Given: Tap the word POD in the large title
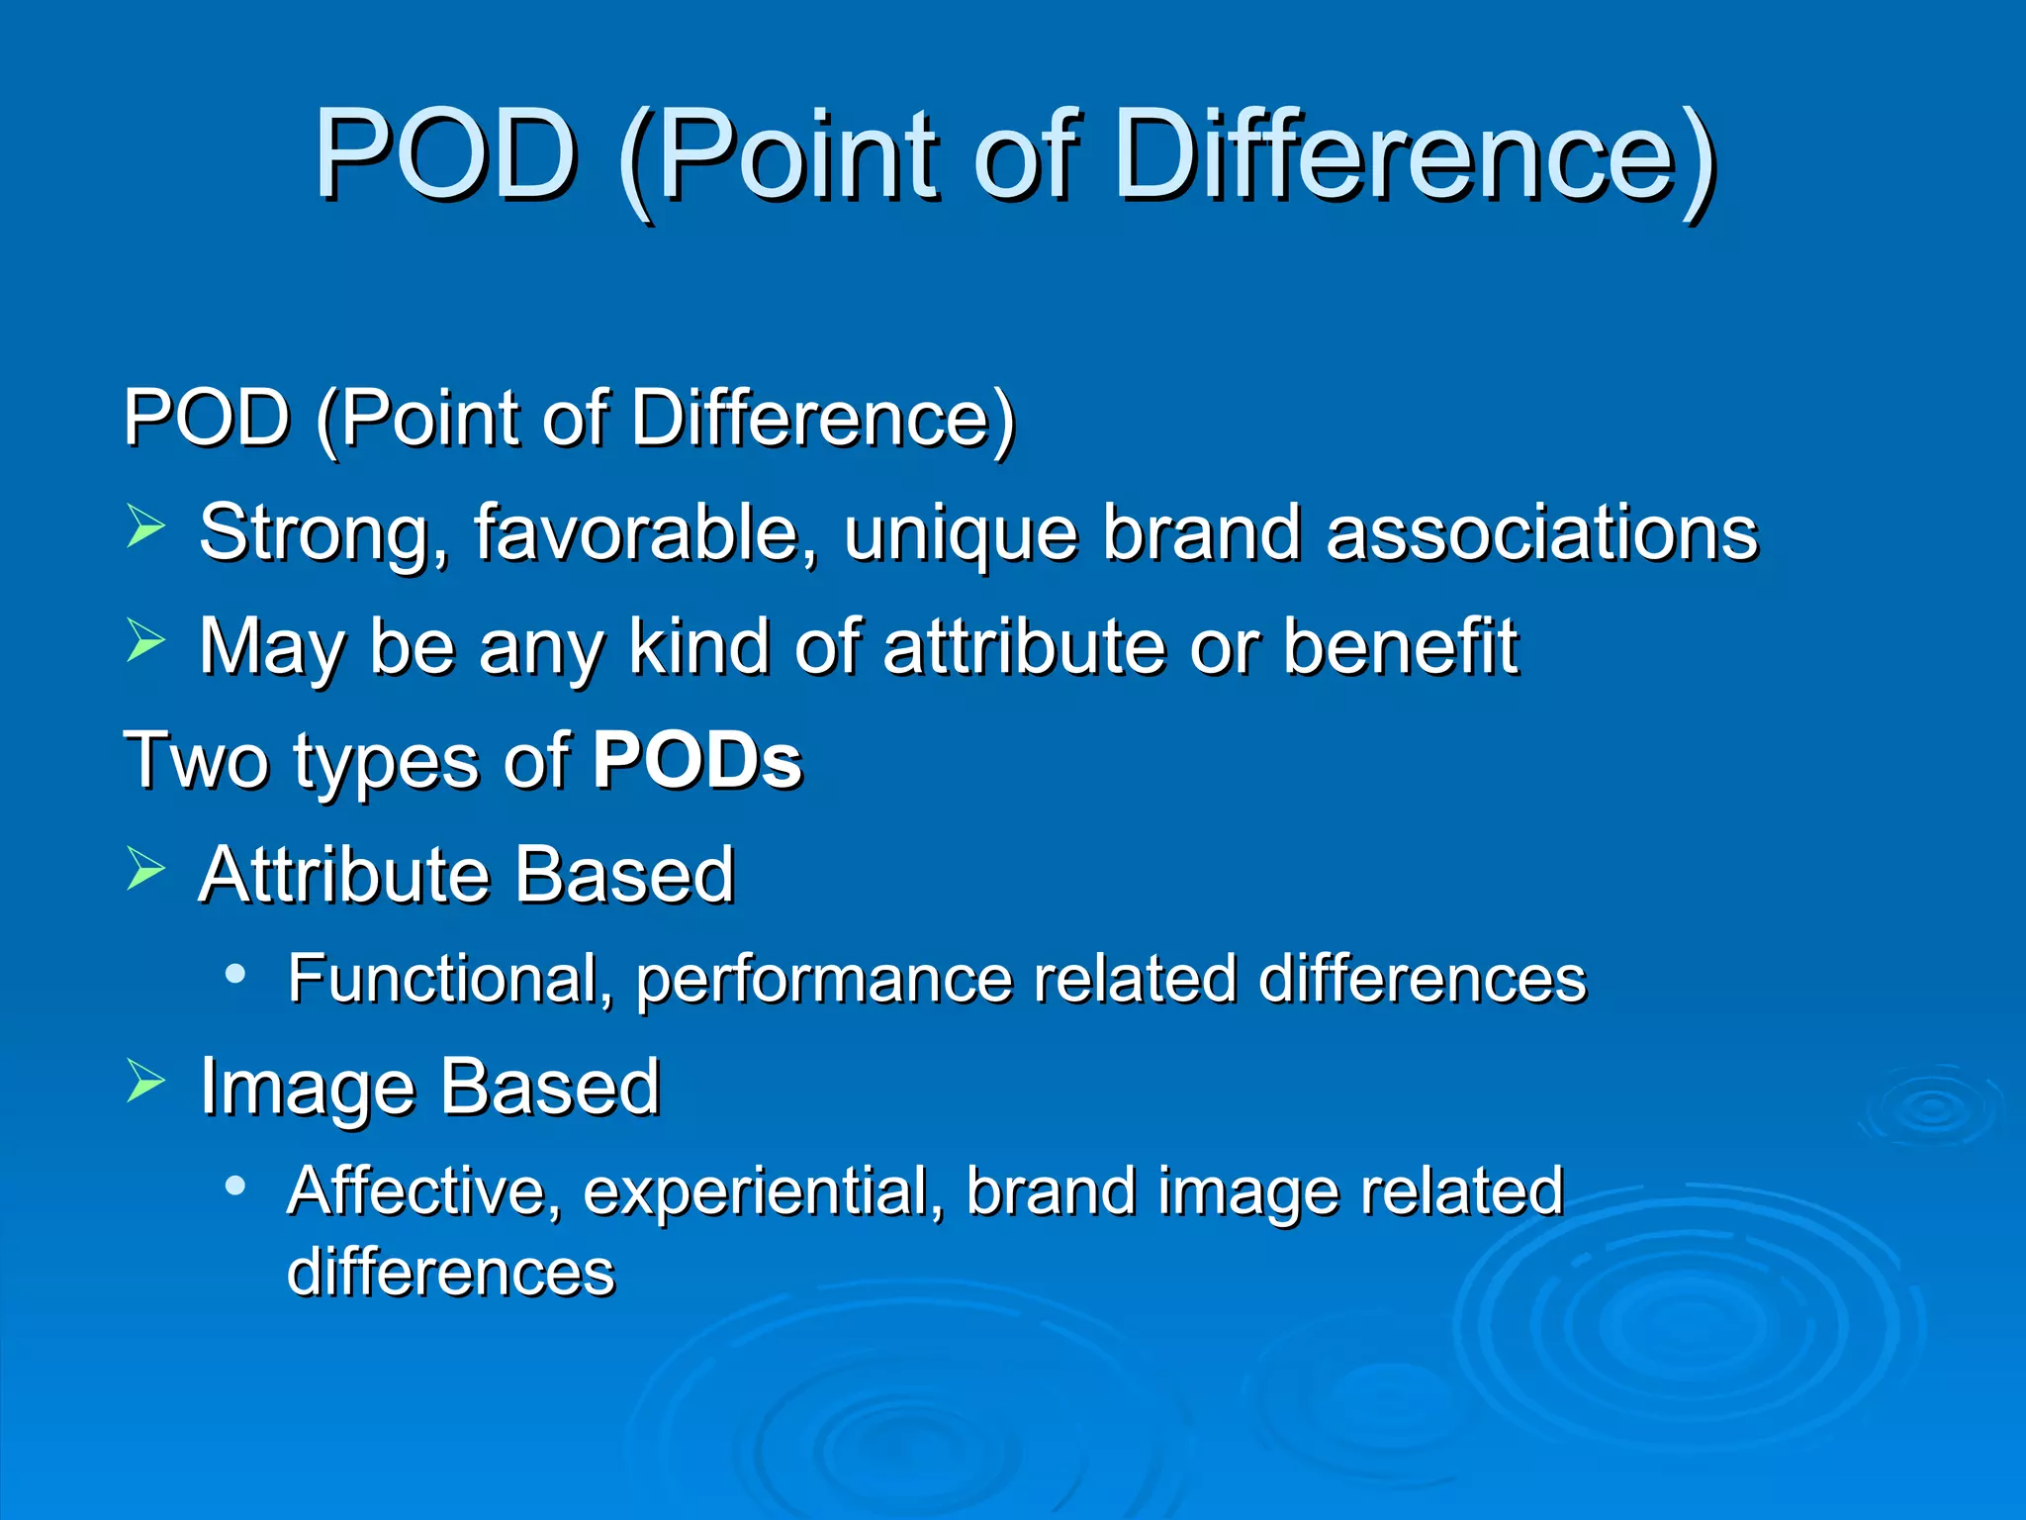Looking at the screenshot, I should pos(446,156).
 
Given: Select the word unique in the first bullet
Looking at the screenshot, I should pos(960,534).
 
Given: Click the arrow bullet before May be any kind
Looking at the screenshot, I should pos(145,640).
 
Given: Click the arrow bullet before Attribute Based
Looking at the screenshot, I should pos(145,869).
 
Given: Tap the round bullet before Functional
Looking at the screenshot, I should pos(234,975).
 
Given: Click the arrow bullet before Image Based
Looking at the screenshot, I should pos(145,1082).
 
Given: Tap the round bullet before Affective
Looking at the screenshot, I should pos(234,1186).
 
